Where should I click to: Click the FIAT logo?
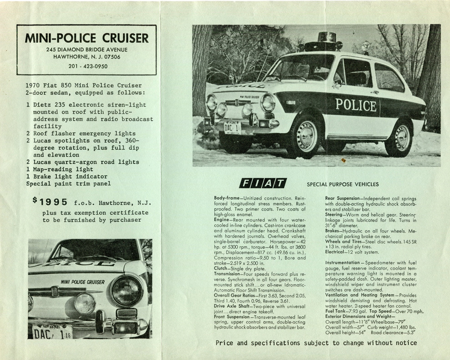[263, 183]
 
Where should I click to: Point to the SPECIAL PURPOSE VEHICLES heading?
[342, 184]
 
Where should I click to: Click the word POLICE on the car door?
[356, 105]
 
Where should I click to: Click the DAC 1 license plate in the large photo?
[232, 128]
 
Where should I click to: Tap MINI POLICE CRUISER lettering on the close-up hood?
[83, 282]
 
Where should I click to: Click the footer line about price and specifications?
[316, 343]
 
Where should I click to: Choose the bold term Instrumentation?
[345, 262]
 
